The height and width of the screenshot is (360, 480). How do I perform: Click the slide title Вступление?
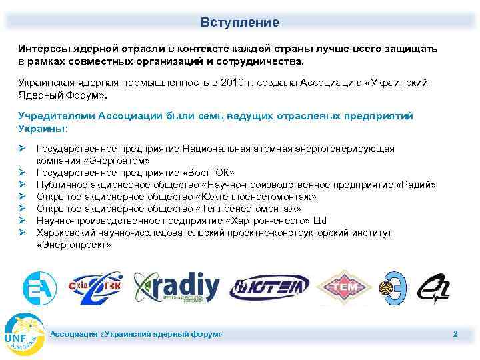[240, 23]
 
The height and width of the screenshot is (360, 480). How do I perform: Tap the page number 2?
[455, 333]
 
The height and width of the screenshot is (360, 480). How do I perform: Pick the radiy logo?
[177, 287]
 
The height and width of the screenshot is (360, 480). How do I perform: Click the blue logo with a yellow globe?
[395, 288]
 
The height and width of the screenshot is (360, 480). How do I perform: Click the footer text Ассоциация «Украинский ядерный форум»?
[137, 333]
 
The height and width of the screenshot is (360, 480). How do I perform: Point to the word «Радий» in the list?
[417, 184]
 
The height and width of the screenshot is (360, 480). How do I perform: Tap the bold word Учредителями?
[57, 116]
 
